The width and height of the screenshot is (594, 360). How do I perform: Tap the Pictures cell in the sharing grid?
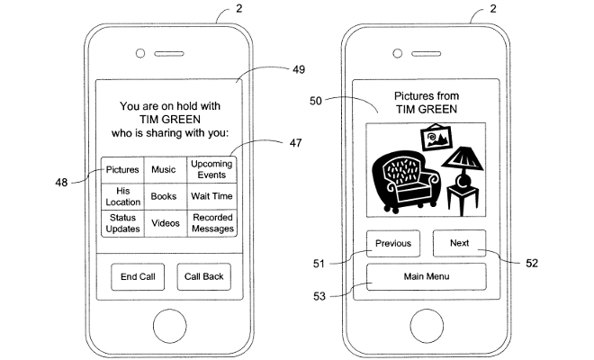tap(122, 169)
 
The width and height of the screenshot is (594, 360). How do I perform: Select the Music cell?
tap(164, 169)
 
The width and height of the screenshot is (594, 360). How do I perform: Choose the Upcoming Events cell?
tap(212, 169)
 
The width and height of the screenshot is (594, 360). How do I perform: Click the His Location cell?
tap(122, 196)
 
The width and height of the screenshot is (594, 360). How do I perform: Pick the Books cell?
tap(164, 196)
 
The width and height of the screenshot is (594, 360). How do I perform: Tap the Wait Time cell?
tap(212, 196)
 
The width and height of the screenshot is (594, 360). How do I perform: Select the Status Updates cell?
tap(122, 223)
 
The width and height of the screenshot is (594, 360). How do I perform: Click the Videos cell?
tap(164, 223)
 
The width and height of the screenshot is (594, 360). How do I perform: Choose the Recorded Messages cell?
tap(212, 223)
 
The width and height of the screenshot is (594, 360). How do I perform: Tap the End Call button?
tap(138, 276)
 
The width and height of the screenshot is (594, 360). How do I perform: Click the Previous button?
tap(393, 243)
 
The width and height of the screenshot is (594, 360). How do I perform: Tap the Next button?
tap(459, 243)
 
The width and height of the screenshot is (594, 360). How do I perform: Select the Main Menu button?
tap(427, 276)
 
